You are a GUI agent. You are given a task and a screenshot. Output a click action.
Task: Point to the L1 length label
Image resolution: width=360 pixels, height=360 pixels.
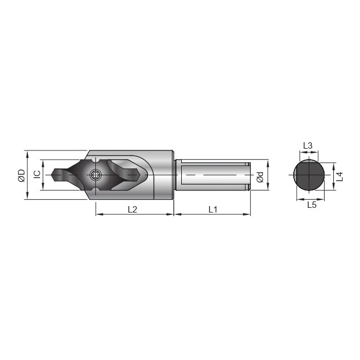[x=213, y=209]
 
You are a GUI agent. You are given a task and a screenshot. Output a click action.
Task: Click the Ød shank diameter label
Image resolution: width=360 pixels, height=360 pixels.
[x=261, y=176]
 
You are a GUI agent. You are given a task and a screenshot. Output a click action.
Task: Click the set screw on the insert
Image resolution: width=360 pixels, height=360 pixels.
[x=95, y=175]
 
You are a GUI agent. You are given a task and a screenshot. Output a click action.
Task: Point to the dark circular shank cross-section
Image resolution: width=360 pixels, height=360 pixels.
[x=308, y=175]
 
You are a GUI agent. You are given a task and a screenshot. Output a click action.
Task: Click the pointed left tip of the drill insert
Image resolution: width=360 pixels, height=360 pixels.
[x=53, y=174]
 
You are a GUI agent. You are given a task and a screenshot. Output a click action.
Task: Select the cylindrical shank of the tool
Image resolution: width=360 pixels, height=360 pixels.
[x=212, y=175]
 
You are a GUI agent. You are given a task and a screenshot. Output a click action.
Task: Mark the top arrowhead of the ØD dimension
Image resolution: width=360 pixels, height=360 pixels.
[x=27, y=153]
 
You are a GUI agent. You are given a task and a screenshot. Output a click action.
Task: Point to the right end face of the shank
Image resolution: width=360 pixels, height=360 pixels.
[x=249, y=175]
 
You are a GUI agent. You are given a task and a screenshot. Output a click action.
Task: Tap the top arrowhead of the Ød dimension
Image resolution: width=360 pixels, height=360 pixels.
[x=267, y=162]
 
